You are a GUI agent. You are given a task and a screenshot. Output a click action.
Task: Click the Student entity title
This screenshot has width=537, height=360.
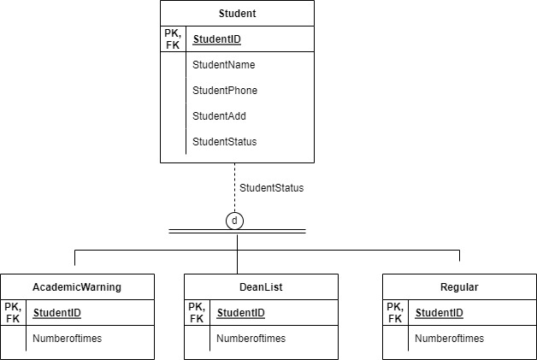(237, 14)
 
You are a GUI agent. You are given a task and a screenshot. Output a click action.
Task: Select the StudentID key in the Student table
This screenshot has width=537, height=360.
(217, 38)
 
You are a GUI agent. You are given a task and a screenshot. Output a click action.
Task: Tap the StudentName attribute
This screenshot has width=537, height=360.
(223, 64)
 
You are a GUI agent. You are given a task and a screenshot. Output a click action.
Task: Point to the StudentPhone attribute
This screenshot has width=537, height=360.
(225, 90)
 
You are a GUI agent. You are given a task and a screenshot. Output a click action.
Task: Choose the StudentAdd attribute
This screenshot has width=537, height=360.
(220, 115)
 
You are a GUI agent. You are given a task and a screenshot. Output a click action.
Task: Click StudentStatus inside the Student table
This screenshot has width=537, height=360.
(224, 141)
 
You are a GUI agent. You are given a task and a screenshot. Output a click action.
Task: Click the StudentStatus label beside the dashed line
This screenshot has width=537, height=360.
(271, 187)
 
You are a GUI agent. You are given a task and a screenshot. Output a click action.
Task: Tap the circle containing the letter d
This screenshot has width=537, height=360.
(236, 221)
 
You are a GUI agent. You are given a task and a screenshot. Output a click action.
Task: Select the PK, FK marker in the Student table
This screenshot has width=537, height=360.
(173, 38)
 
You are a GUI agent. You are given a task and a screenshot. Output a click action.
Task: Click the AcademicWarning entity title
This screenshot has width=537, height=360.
(77, 287)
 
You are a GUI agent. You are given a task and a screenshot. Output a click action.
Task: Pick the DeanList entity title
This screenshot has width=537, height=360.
(261, 287)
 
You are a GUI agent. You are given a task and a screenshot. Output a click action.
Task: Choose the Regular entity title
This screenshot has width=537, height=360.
(459, 287)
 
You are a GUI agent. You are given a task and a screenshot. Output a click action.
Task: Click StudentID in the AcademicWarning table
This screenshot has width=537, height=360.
(56, 313)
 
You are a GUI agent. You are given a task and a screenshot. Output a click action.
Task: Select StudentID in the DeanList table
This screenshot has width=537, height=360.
(240, 313)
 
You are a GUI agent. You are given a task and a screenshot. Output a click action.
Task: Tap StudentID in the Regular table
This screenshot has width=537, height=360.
(439, 313)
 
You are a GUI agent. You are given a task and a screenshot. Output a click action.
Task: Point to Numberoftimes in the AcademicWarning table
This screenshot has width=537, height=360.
(67, 339)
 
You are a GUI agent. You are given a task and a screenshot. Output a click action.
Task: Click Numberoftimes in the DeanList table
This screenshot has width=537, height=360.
(251, 339)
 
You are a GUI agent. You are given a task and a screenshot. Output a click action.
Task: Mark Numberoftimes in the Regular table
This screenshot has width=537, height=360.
(449, 339)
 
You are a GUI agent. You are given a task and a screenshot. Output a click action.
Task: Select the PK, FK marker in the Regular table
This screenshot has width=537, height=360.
(395, 312)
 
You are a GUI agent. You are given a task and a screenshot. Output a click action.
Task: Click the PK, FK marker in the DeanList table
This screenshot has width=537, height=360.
(197, 312)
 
